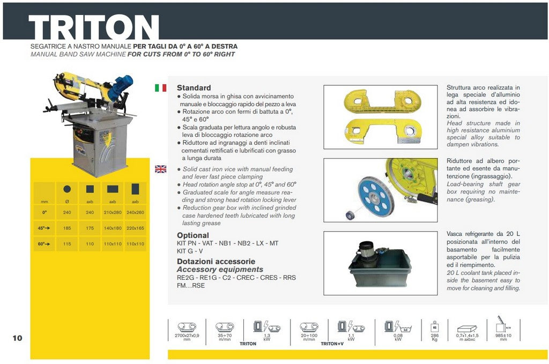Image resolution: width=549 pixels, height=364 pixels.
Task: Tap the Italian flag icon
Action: (160, 88)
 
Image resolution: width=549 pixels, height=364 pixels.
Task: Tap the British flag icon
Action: (160, 169)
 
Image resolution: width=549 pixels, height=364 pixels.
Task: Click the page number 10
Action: (17, 338)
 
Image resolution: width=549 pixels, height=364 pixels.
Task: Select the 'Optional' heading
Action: (193, 235)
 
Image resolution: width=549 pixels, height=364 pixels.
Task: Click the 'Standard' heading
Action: (194, 88)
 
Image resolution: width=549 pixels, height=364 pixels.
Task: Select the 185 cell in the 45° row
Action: (67, 228)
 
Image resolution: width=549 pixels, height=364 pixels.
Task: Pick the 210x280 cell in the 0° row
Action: (113, 212)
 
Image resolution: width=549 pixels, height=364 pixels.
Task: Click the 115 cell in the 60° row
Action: (67, 244)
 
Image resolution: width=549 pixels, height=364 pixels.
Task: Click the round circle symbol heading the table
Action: (67, 189)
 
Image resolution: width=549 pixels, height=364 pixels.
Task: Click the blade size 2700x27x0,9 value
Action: (187, 336)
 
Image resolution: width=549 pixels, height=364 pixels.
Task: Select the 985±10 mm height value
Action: (502, 336)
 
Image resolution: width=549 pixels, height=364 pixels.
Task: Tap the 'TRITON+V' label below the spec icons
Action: (332, 344)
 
